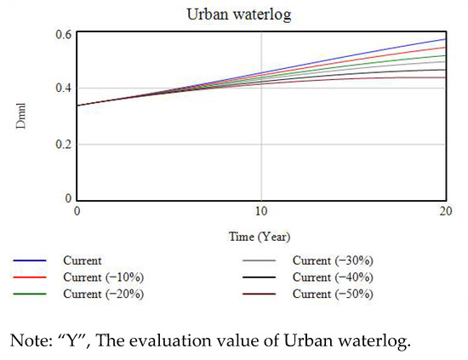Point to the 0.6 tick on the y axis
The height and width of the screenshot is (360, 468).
[x=61, y=33]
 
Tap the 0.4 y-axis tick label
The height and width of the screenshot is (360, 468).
[x=61, y=89]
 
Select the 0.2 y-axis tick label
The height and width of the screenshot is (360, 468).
[x=61, y=144]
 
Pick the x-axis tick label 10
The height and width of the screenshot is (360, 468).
[x=261, y=211]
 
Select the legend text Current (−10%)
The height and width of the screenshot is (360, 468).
[x=103, y=277]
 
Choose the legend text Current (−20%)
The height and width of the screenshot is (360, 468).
[x=103, y=294]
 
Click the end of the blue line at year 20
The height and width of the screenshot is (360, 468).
[x=445, y=39]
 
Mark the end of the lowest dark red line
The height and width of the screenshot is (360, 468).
[x=445, y=77]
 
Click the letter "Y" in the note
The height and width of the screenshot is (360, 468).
[x=57, y=340]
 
